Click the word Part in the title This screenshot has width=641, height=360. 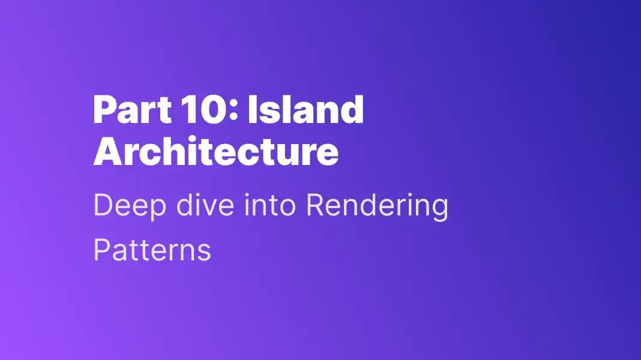[x=128, y=110]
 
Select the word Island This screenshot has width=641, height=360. [x=305, y=110]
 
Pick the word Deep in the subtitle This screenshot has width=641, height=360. [x=122, y=207]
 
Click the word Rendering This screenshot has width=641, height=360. [x=376, y=207]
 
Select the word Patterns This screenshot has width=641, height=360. [x=152, y=250]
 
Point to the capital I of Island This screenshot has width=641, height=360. [x=253, y=110]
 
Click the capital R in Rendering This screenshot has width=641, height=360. [x=314, y=207]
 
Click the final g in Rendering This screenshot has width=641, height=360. [x=439, y=210]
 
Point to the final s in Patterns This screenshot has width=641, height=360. [x=205, y=252]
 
